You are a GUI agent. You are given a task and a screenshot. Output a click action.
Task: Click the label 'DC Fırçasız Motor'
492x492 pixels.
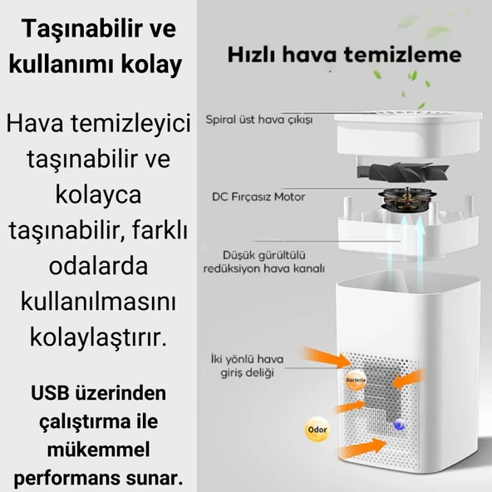pos(258,197)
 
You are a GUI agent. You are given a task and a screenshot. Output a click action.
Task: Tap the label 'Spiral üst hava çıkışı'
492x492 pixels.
pos(258,121)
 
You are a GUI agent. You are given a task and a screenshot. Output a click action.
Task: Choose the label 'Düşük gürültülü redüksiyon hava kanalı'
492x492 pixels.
pos(263,262)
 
